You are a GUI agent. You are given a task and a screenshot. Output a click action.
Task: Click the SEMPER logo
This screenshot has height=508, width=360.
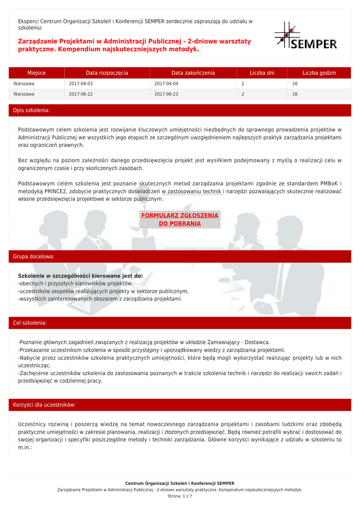(x=306, y=36)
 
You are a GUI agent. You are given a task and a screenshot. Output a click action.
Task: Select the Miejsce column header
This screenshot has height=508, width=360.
(x=36, y=73)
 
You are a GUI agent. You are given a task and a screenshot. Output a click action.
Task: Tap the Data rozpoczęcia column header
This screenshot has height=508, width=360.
(x=107, y=73)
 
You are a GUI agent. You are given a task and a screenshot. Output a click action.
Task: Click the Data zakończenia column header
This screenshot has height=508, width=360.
(x=193, y=73)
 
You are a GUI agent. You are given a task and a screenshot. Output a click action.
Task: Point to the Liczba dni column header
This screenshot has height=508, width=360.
(x=262, y=73)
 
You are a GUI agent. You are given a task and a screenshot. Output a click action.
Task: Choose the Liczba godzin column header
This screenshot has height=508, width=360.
(x=319, y=73)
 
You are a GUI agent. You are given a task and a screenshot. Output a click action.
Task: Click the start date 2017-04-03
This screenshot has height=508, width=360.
(x=80, y=84)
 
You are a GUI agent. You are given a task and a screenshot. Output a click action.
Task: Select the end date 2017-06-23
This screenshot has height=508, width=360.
(x=166, y=94)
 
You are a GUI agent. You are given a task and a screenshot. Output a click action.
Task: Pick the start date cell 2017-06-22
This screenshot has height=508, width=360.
(x=80, y=94)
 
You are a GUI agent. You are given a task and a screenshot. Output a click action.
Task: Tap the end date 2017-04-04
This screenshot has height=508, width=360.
(x=166, y=84)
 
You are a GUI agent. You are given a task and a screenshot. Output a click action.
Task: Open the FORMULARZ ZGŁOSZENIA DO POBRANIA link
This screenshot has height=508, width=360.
(x=180, y=219)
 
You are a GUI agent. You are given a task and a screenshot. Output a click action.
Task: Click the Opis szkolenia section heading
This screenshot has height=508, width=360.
(x=31, y=110)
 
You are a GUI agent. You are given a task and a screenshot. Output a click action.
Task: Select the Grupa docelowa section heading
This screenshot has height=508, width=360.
(x=34, y=256)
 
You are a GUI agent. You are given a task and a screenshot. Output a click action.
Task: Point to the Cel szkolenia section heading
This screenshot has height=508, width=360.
(x=30, y=323)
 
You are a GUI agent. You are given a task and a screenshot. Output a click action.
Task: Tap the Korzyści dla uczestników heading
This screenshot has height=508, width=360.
(x=44, y=405)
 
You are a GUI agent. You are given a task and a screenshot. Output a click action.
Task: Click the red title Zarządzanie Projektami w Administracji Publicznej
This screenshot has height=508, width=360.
(x=135, y=45)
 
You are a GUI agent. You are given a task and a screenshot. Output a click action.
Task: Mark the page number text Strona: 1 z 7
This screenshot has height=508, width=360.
(x=180, y=496)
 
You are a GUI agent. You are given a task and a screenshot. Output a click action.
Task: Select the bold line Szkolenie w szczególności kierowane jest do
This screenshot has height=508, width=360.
(x=80, y=275)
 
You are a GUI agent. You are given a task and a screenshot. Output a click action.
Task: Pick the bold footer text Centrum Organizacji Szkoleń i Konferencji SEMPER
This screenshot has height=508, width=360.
(x=180, y=483)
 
